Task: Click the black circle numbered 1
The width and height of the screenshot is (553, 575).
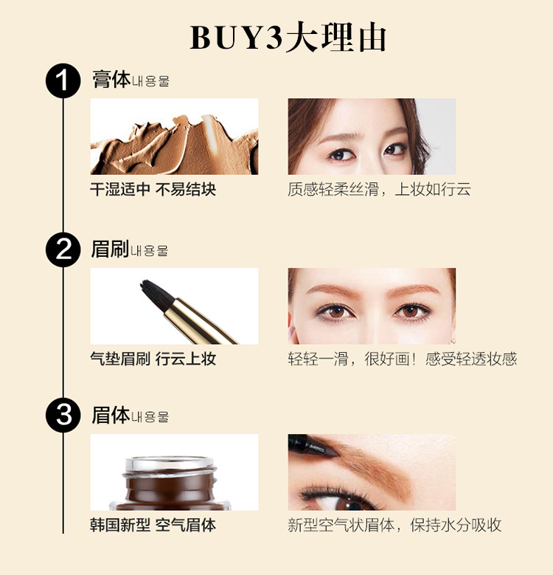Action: (63, 80)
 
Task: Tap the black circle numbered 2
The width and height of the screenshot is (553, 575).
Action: (63, 249)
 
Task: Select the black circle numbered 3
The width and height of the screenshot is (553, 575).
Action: (63, 415)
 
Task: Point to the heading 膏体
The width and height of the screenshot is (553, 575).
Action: (111, 79)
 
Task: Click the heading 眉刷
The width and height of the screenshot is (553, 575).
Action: (110, 249)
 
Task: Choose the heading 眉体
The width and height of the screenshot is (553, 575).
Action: (111, 415)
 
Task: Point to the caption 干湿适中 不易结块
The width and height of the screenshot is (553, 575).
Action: (153, 190)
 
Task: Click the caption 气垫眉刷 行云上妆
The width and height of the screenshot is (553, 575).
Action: (153, 359)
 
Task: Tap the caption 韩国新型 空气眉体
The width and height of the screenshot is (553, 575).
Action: (153, 525)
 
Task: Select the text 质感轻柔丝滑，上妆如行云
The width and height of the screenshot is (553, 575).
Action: (379, 190)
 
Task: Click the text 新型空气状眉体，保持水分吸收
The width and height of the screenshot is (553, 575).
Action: (394, 525)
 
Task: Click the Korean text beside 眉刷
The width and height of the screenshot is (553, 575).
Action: (150, 251)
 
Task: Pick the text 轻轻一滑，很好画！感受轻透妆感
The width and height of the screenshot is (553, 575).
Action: (403, 359)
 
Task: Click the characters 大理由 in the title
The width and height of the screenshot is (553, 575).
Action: (335, 38)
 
